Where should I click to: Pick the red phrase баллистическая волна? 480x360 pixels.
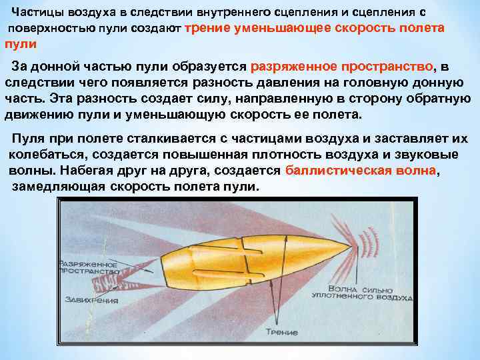point(361,169)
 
